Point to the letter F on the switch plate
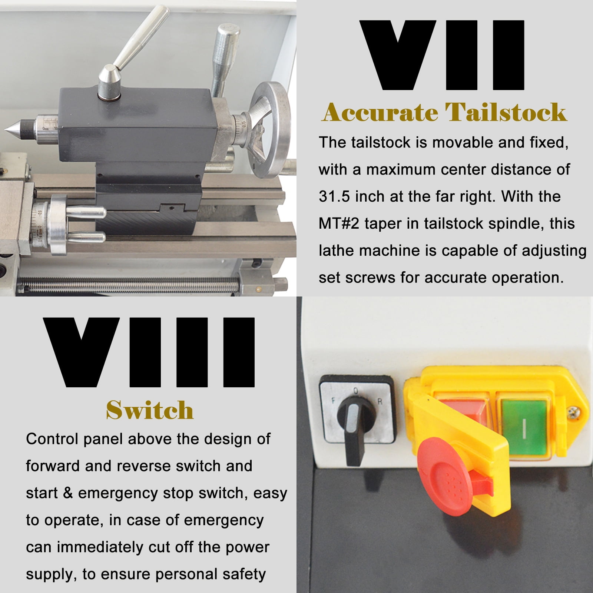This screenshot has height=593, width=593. [x=334, y=401]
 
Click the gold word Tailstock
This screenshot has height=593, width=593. [x=506, y=112]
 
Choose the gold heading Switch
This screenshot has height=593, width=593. [x=150, y=410]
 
